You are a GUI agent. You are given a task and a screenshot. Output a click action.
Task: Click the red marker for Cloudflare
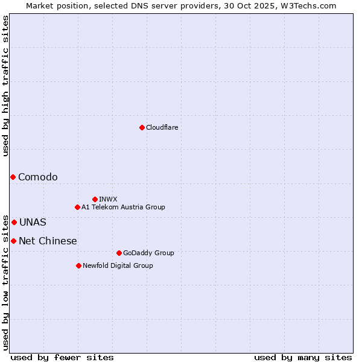142,127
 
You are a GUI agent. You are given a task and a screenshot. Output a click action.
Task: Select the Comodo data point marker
13,177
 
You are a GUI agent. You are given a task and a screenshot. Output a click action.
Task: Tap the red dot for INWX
95,199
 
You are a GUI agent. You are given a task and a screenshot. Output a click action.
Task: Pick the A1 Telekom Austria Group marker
77,207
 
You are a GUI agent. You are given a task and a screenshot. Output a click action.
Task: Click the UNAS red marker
14,222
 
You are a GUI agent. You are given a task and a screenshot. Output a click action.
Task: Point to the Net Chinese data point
13,241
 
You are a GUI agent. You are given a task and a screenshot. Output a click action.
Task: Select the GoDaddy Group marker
119,253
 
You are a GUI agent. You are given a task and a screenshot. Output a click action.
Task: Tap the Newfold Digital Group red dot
78,265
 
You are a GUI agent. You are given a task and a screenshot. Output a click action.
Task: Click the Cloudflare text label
162,127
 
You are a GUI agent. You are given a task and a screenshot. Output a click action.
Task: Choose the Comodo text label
38,177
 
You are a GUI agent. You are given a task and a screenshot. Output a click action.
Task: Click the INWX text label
108,199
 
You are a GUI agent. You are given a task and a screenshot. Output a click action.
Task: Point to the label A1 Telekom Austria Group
123,207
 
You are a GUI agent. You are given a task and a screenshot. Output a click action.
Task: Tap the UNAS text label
33,222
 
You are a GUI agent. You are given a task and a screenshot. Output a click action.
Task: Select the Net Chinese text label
48,241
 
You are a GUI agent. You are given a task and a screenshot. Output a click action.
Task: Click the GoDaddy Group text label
148,253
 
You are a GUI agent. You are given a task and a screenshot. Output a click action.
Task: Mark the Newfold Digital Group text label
118,265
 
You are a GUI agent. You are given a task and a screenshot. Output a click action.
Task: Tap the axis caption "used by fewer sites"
62,357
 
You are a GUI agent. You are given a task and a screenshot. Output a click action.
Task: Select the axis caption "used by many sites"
303,357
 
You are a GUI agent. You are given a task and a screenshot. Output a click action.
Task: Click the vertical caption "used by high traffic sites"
5,86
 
